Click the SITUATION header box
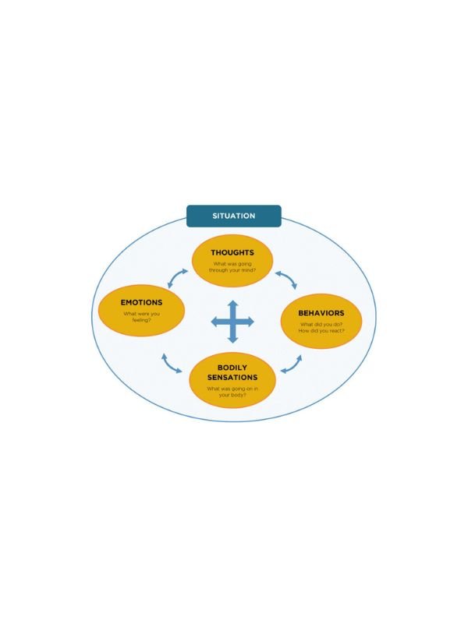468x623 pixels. click(x=233, y=216)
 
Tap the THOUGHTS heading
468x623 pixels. click(x=232, y=252)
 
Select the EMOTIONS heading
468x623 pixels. click(x=141, y=302)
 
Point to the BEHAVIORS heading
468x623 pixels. click(x=321, y=313)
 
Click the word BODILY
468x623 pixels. click(x=232, y=368)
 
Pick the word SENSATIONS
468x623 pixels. click(x=232, y=378)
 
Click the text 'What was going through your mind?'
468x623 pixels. click(x=232, y=267)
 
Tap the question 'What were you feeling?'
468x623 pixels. click(x=141, y=317)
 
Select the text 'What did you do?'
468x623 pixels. click(x=321, y=324)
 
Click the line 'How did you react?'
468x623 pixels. click(x=321, y=330)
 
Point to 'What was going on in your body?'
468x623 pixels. click(x=232, y=392)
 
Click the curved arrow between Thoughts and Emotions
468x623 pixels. click(x=175, y=276)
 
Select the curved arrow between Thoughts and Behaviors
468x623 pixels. click(x=287, y=278)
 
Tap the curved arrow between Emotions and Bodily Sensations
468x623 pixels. click(x=170, y=364)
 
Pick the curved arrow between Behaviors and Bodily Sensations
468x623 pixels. click(x=293, y=366)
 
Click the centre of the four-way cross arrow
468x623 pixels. click(x=232, y=322)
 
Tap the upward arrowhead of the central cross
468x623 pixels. click(x=232, y=304)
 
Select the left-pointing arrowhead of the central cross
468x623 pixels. click(x=214, y=322)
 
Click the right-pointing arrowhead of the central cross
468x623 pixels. click(x=250, y=322)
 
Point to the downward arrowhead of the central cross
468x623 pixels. click(x=232, y=340)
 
